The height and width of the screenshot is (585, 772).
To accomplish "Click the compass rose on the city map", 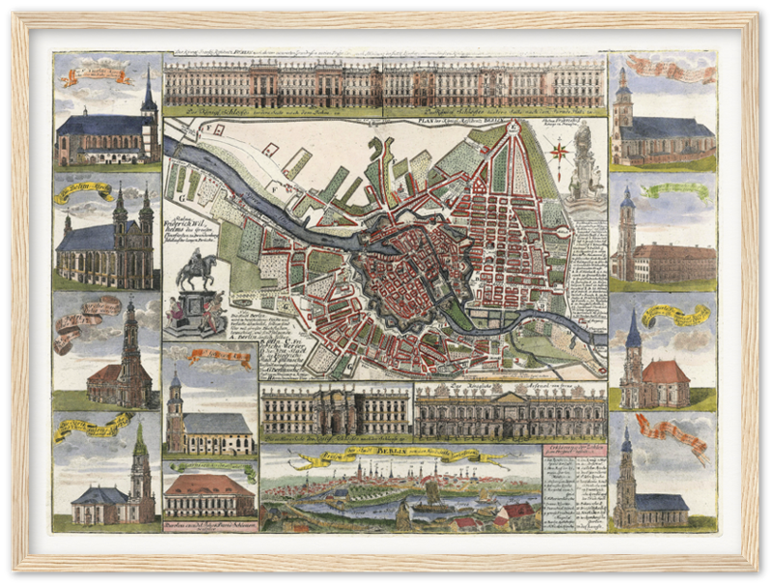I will click(x=559, y=151).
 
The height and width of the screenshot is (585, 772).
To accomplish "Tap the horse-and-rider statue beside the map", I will click(x=197, y=269).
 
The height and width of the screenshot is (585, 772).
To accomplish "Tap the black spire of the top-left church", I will click(x=148, y=93).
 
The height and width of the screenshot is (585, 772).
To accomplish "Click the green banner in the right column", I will click(x=675, y=190).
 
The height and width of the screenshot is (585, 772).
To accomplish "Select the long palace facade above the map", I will click(x=384, y=85).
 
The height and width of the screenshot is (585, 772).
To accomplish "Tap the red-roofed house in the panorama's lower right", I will click(x=518, y=512).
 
